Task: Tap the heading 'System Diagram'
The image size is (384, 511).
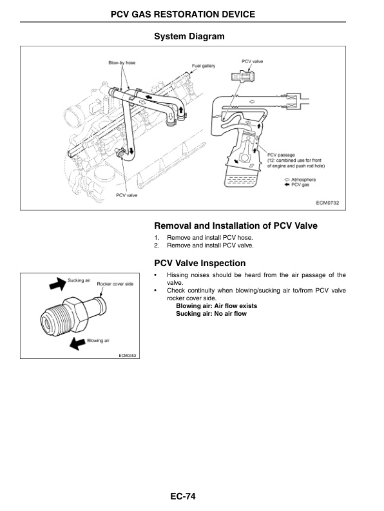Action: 189,37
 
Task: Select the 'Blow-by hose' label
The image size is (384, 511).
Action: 121,62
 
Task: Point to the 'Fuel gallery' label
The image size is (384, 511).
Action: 204,66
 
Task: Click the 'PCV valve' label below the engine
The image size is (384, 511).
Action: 126,194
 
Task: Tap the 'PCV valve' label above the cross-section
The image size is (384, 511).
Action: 253,61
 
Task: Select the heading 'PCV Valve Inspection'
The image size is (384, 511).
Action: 200,263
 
